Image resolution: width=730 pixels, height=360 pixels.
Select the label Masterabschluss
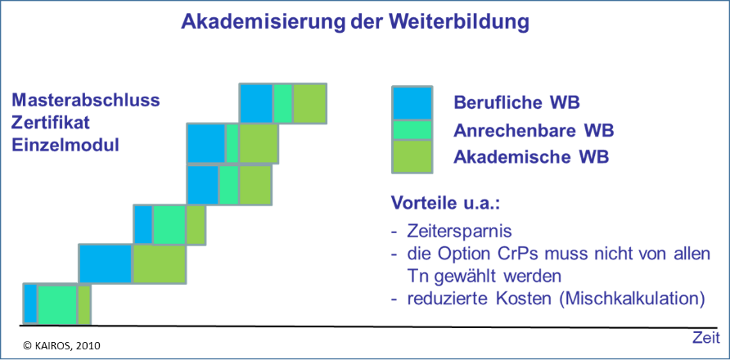tap(86, 101)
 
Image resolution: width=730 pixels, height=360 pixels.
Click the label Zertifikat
tap(51, 123)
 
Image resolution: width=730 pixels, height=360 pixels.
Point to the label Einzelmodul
tap(65, 145)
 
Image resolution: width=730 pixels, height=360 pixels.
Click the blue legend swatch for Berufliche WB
tap(412, 103)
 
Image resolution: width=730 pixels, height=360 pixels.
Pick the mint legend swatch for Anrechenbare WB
tap(412, 130)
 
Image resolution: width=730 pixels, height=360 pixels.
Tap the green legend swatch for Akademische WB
tap(412, 157)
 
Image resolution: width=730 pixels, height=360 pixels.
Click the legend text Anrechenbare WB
tap(534, 131)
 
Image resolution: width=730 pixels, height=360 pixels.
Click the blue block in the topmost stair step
tap(256, 103)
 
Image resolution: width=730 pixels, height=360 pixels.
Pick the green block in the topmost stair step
tap(309, 103)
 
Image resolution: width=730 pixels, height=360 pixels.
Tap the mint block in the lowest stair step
tap(56, 304)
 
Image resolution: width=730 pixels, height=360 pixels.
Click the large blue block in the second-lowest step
tap(106, 263)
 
